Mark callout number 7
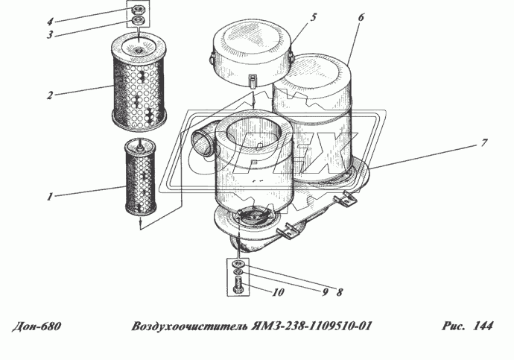click(x=484, y=140)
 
